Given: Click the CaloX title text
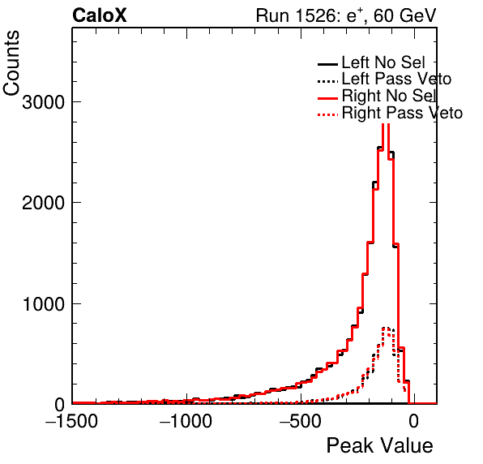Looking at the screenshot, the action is point(99,15).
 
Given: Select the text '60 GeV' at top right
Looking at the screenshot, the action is point(404,15).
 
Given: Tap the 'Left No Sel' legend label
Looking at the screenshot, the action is point(383,62).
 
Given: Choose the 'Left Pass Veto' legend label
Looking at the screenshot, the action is point(396,79).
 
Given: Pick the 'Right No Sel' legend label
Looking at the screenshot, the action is point(389,96).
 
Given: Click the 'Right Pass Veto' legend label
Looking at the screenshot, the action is point(402,113).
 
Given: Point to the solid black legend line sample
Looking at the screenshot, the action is point(327,64).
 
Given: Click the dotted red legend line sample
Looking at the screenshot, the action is point(327,115).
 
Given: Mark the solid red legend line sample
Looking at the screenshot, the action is point(327,98).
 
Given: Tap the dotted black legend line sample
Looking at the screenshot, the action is point(327,81).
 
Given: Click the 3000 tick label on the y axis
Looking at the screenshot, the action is point(43,101).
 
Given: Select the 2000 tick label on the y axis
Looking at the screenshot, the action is point(43,203).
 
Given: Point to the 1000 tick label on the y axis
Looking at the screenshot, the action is point(43,303).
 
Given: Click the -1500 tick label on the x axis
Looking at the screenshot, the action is point(71,420).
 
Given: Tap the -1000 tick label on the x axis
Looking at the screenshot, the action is point(186,420).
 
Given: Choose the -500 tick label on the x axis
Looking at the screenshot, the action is point(301,420).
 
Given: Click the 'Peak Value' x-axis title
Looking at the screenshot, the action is point(379,445).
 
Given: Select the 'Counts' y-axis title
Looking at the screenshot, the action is point(11,63).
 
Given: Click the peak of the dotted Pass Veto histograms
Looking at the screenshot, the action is point(386,328).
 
